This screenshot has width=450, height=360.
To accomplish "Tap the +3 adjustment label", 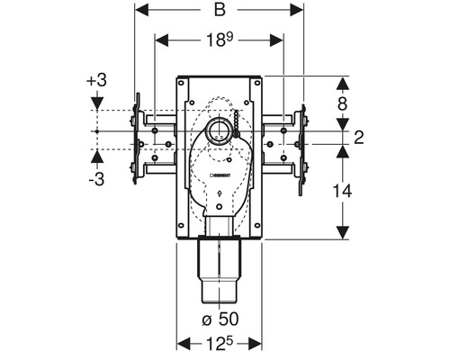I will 96,81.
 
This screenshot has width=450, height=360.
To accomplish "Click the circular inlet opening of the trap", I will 219,132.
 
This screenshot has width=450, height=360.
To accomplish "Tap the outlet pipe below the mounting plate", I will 220,270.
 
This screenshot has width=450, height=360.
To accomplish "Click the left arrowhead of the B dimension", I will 140,13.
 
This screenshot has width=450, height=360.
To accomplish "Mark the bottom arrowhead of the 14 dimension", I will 342,238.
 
